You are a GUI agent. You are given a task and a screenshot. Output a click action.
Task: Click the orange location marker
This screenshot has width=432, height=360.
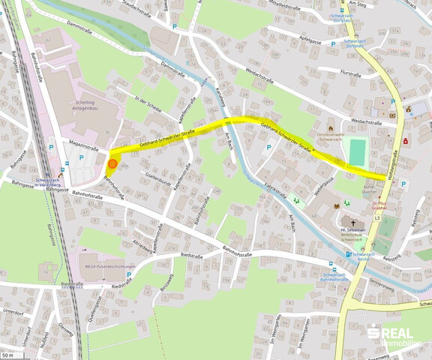tap(112, 163)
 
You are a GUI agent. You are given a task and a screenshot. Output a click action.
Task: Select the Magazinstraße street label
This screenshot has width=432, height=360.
tap(85, 140)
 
